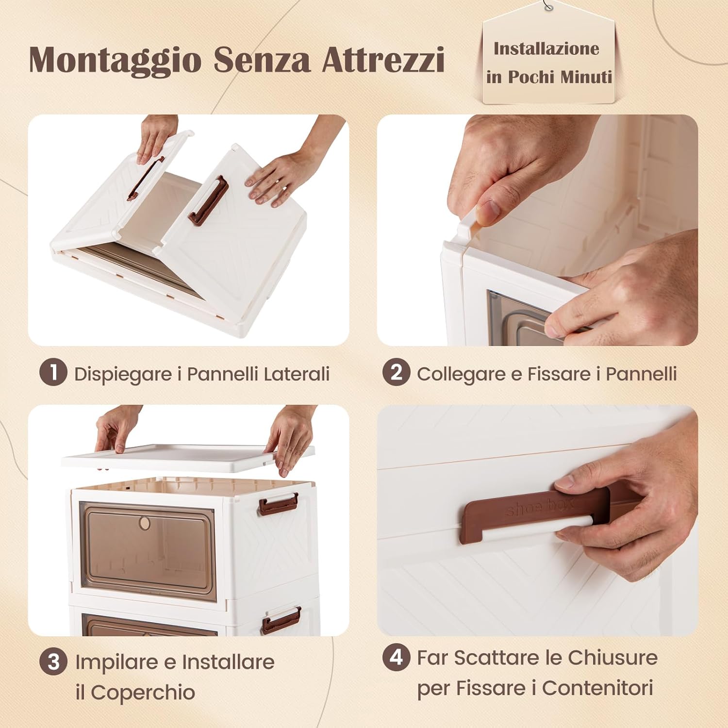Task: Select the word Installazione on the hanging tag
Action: click(x=546, y=49)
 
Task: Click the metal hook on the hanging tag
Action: click(x=549, y=8)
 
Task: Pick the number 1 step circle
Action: click(x=53, y=372)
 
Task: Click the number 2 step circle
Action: click(x=396, y=372)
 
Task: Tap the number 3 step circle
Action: click(x=54, y=662)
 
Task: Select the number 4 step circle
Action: click(x=396, y=658)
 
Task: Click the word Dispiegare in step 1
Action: click(x=123, y=374)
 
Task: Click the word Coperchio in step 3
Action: click(x=143, y=692)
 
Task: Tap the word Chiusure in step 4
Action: click(x=612, y=658)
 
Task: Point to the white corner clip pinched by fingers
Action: click(x=467, y=226)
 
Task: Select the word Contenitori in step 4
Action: click(x=597, y=688)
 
